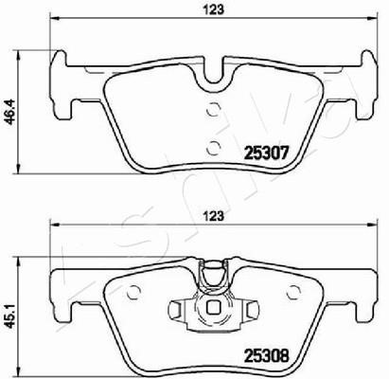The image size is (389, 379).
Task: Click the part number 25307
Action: tap(267, 153)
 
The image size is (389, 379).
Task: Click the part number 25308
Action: tap(267, 356)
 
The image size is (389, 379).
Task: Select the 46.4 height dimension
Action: tap(10, 112)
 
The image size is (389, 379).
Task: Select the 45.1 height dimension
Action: tap(10, 316)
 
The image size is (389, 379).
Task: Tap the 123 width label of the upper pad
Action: tap(213, 9)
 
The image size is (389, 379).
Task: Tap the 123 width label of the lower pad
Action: tap(213, 216)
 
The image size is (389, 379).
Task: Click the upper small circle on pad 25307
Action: tap(213, 110)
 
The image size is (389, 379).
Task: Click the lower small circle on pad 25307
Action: tap(213, 148)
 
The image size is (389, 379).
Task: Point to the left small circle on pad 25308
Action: tap(133, 292)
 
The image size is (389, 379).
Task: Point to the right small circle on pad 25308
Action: tap(293, 292)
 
